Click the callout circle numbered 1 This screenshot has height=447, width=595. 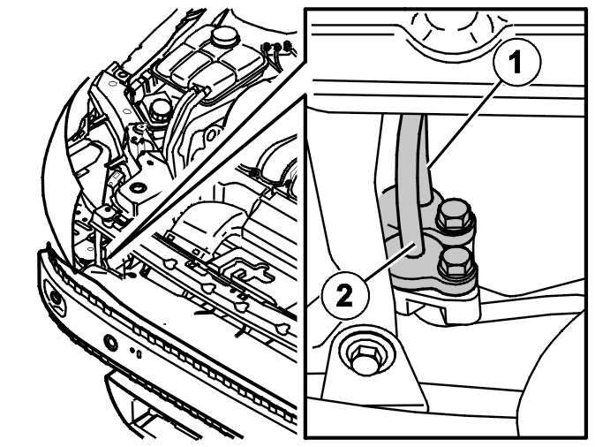tap(516, 62)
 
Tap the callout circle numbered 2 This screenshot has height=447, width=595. tap(344, 295)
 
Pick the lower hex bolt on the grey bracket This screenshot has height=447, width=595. tap(456, 261)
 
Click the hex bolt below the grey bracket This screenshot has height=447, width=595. tap(365, 358)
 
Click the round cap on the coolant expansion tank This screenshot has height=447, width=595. tap(224, 35)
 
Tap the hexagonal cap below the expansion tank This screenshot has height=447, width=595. tap(156, 108)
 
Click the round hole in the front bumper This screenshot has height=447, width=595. tap(111, 343)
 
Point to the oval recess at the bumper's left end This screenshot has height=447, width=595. tap(56, 298)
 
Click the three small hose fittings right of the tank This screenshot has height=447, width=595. tap(277, 46)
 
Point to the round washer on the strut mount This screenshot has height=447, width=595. tap(138, 187)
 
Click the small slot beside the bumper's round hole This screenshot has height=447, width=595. tap(139, 354)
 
